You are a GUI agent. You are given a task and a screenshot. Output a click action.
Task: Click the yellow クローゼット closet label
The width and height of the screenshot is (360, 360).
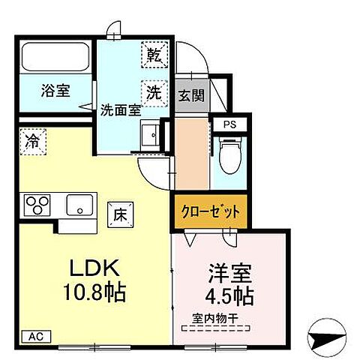click(211, 212)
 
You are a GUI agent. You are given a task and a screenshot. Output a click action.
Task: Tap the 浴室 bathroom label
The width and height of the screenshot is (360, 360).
click(55, 91)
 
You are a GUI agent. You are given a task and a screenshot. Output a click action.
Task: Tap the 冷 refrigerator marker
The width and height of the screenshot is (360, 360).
click(33, 139)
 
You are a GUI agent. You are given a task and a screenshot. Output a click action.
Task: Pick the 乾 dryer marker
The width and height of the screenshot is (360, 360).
click(154, 55)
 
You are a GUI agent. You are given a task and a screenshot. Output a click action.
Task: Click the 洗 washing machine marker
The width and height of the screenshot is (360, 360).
click(154, 92)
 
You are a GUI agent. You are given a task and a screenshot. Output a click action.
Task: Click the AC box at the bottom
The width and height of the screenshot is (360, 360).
click(34, 336)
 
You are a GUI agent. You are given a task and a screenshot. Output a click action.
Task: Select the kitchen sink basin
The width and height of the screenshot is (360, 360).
click(78, 204)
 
